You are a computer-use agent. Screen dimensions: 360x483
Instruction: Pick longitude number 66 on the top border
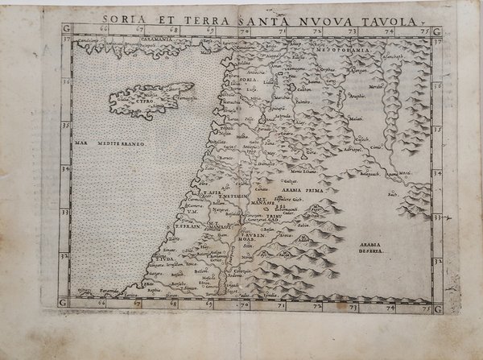pos(103,29)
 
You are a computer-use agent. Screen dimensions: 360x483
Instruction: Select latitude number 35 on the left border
pos(65,126)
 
